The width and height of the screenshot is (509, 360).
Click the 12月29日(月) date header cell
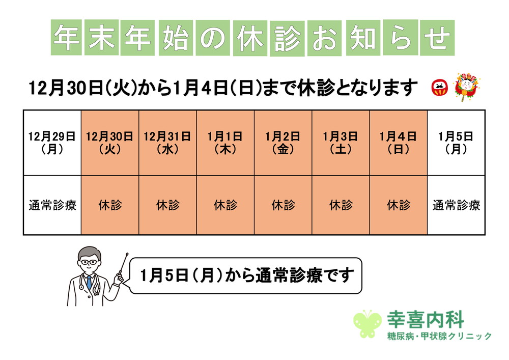[52, 143]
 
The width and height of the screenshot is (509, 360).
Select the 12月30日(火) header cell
[109, 143]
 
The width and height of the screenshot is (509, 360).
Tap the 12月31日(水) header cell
[167, 143]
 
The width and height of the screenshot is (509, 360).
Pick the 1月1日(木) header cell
[225, 143]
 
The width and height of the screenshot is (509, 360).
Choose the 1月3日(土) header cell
[341, 143]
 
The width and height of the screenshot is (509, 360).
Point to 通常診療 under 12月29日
[52, 205]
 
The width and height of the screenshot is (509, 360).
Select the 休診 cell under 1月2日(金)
[283, 205]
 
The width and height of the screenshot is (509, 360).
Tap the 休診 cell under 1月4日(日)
[399, 205]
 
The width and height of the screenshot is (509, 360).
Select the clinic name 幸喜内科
[426, 320]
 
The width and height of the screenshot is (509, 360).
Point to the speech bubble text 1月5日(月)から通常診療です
[246, 275]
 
